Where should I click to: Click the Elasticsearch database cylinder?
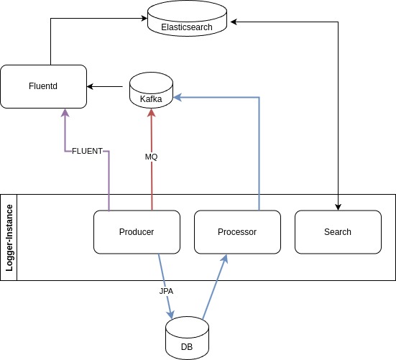click(187, 18)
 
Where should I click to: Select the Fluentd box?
click(43, 87)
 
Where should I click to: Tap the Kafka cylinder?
click(151, 90)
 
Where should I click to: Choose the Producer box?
click(137, 232)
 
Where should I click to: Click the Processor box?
click(237, 232)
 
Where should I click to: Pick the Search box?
click(338, 232)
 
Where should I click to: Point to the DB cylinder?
click(187, 338)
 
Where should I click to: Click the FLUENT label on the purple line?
click(87, 151)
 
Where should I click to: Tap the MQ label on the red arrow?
click(151, 157)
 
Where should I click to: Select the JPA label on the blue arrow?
click(166, 291)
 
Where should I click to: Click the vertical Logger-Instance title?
click(9, 238)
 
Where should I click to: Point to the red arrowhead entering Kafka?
click(151, 113)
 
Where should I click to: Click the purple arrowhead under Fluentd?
click(65, 113)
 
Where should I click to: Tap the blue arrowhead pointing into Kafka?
click(178, 97)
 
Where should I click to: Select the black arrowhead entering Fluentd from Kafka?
click(90, 87)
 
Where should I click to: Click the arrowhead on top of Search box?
click(338, 207)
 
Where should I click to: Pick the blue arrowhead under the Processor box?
click(224, 259)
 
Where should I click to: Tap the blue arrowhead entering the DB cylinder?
click(170, 314)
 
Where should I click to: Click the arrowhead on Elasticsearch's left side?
click(144, 18)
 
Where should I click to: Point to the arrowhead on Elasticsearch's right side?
click(234, 22)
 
